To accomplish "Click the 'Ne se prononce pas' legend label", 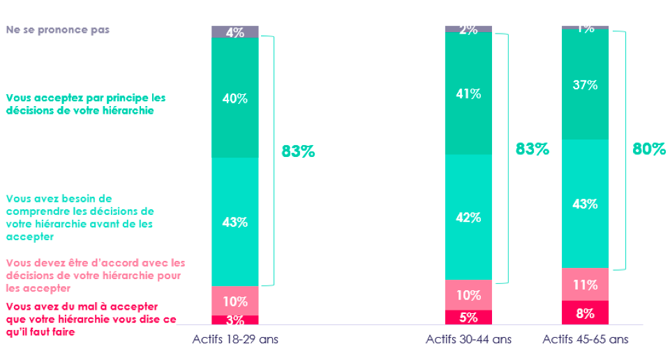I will coord(58,30).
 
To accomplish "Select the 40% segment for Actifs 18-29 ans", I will coord(235,98).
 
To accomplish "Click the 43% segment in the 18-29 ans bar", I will coord(235,222).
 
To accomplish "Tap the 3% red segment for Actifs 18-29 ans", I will coord(235,320).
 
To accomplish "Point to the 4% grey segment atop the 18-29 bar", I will coord(235,32).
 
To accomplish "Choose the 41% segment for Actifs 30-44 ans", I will coord(468,93).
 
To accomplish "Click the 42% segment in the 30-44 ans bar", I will coord(468,217).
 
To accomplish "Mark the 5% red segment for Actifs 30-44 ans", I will coord(468,317).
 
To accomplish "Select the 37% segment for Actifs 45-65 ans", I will coord(585,84).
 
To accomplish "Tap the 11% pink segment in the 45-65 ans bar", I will coord(585,284).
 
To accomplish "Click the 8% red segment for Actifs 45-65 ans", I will coord(585,313).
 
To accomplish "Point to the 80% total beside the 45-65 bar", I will coord(648,149).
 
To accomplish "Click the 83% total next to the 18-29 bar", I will coord(298,151).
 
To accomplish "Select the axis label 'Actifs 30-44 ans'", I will coord(468,340).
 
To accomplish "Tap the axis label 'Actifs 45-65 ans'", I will coord(585,340).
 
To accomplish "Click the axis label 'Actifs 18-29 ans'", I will coord(235,340).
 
